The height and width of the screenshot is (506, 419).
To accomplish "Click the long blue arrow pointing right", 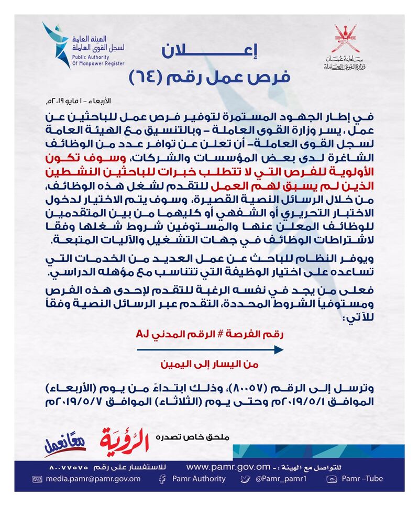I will coord(209,349).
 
